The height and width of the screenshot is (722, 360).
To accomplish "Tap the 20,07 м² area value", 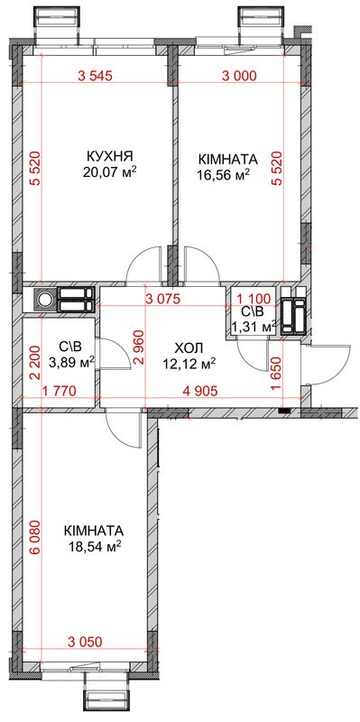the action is pos(110,171).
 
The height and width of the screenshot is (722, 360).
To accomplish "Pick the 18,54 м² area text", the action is pos(94,547).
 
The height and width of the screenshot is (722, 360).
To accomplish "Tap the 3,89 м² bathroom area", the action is pos(71,364).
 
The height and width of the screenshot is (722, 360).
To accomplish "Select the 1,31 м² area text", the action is pos(254,327).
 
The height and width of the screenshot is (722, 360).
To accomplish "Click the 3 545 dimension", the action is pos(95,77).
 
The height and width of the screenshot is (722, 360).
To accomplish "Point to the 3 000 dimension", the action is pos(239,77).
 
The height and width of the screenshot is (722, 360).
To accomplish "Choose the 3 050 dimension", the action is pos(84,642).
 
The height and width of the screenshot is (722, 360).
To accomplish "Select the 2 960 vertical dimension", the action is pos(139,347).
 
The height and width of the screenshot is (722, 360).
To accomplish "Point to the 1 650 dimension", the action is pos(276,374).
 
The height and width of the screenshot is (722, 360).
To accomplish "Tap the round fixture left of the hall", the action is pos(44,300).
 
